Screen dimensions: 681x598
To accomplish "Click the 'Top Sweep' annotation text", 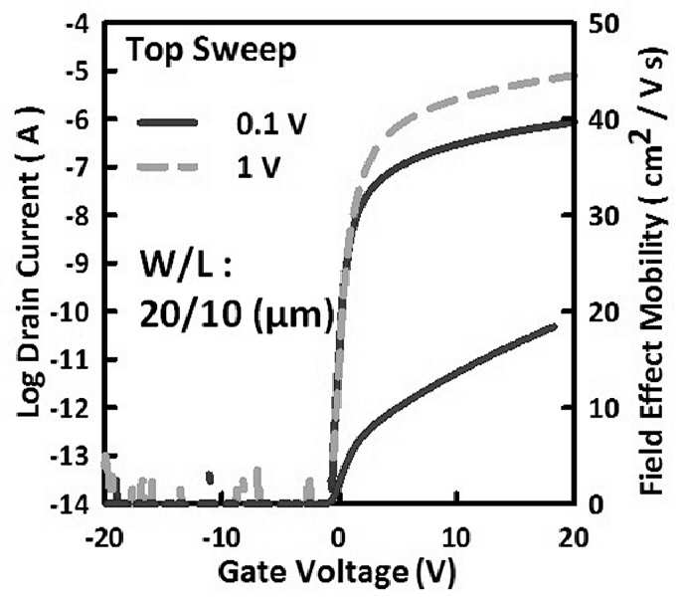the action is (x=211, y=52).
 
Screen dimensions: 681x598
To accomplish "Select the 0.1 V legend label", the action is (x=271, y=123).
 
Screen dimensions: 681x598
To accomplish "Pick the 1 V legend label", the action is (x=258, y=167).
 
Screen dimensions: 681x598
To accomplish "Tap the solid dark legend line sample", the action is (x=167, y=122).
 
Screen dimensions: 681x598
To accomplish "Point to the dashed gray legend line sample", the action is (x=167, y=167).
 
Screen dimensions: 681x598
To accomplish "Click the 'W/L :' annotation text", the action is (x=186, y=266).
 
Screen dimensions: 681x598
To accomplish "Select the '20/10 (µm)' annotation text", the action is (x=237, y=313).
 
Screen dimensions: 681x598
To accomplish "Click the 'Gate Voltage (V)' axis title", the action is (x=337, y=573).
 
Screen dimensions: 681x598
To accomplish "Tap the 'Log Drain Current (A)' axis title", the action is (x=30, y=262).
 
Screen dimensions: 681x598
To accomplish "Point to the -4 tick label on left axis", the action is (x=78, y=24).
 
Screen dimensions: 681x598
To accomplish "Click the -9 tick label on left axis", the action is (x=78, y=263).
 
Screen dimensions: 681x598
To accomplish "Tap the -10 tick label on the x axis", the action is (x=221, y=539).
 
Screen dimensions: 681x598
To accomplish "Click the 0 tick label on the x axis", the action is (x=337, y=539).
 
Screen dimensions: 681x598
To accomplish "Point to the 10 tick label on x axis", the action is (x=456, y=539).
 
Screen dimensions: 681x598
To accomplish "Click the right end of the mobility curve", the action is (x=554, y=325).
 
